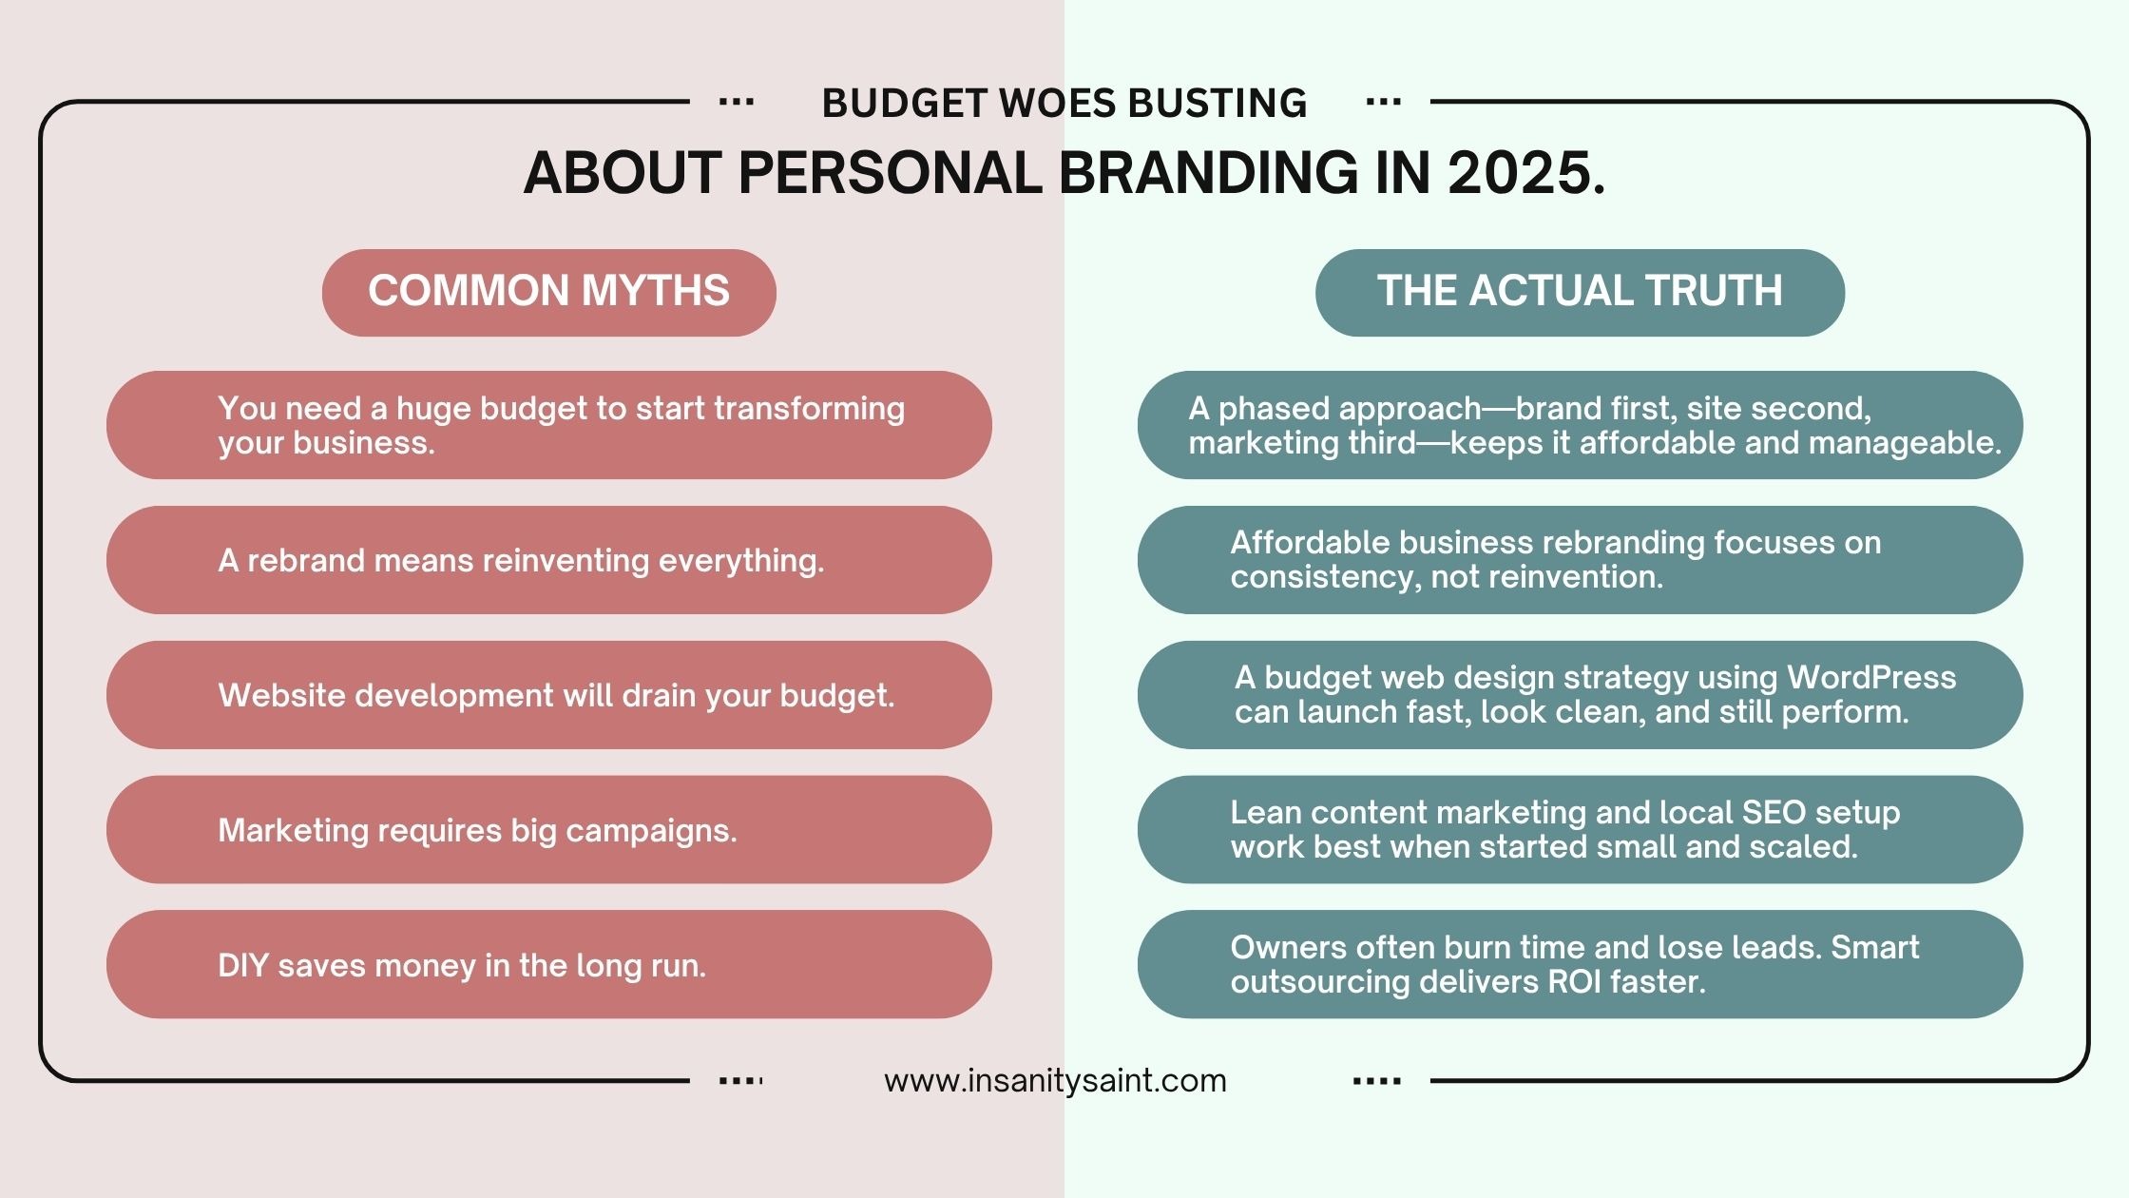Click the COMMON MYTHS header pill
548,292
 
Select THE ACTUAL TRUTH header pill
1580,292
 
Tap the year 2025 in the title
1525,173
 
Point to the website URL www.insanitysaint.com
1055,1081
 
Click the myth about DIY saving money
548,964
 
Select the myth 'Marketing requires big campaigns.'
548,830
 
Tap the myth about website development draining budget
548,695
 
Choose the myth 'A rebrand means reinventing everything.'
548,560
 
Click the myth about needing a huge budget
548,425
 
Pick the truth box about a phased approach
1580,425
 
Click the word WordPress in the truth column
1871,678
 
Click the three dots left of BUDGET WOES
737,102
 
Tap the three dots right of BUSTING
1383,102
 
